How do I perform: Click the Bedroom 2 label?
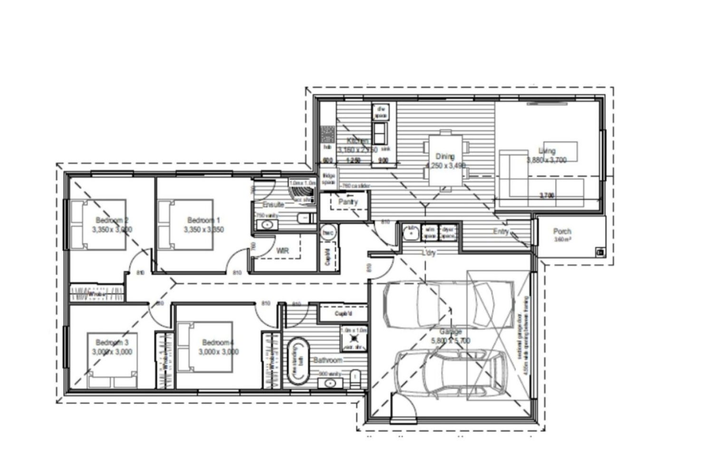(112, 220)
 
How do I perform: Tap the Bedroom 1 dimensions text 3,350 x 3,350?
(203, 229)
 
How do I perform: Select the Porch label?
(562, 231)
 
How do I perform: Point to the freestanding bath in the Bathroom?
(298, 361)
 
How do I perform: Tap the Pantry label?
(348, 201)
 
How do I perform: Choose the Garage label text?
(451, 332)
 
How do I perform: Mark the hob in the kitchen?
(327, 134)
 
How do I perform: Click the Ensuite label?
(273, 204)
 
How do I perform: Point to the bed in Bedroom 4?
(205, 347)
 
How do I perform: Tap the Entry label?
(501, 231)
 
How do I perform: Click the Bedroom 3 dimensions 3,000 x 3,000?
(112, 352)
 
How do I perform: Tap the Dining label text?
(445, 156)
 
